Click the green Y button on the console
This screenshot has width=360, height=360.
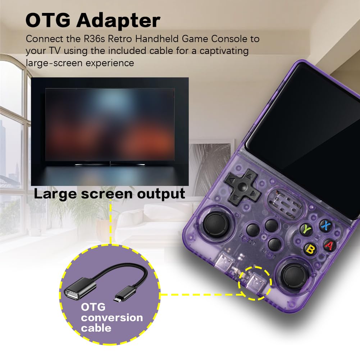click(x=306, y=229)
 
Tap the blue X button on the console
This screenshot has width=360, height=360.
click(x=325, y=225)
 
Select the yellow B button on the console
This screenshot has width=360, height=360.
click(x=310, y=249)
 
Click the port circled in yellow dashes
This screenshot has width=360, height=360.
click(x=255, y=283)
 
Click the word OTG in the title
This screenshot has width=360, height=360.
click(x=48, y=20)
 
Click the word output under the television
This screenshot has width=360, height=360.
click(x=161, y=194)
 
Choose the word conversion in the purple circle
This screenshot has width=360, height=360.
click(x=112, y=318)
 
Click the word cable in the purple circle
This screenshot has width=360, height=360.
click(x=96, y=328)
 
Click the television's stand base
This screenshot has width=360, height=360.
click(x=110, y=164)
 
